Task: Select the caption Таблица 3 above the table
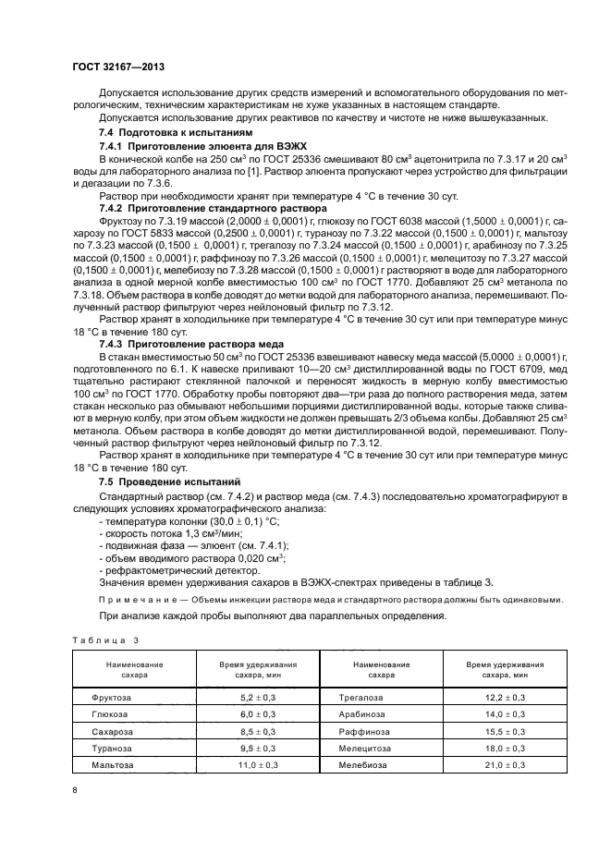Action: pos(104,640)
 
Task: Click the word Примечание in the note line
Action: pos(135,599)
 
